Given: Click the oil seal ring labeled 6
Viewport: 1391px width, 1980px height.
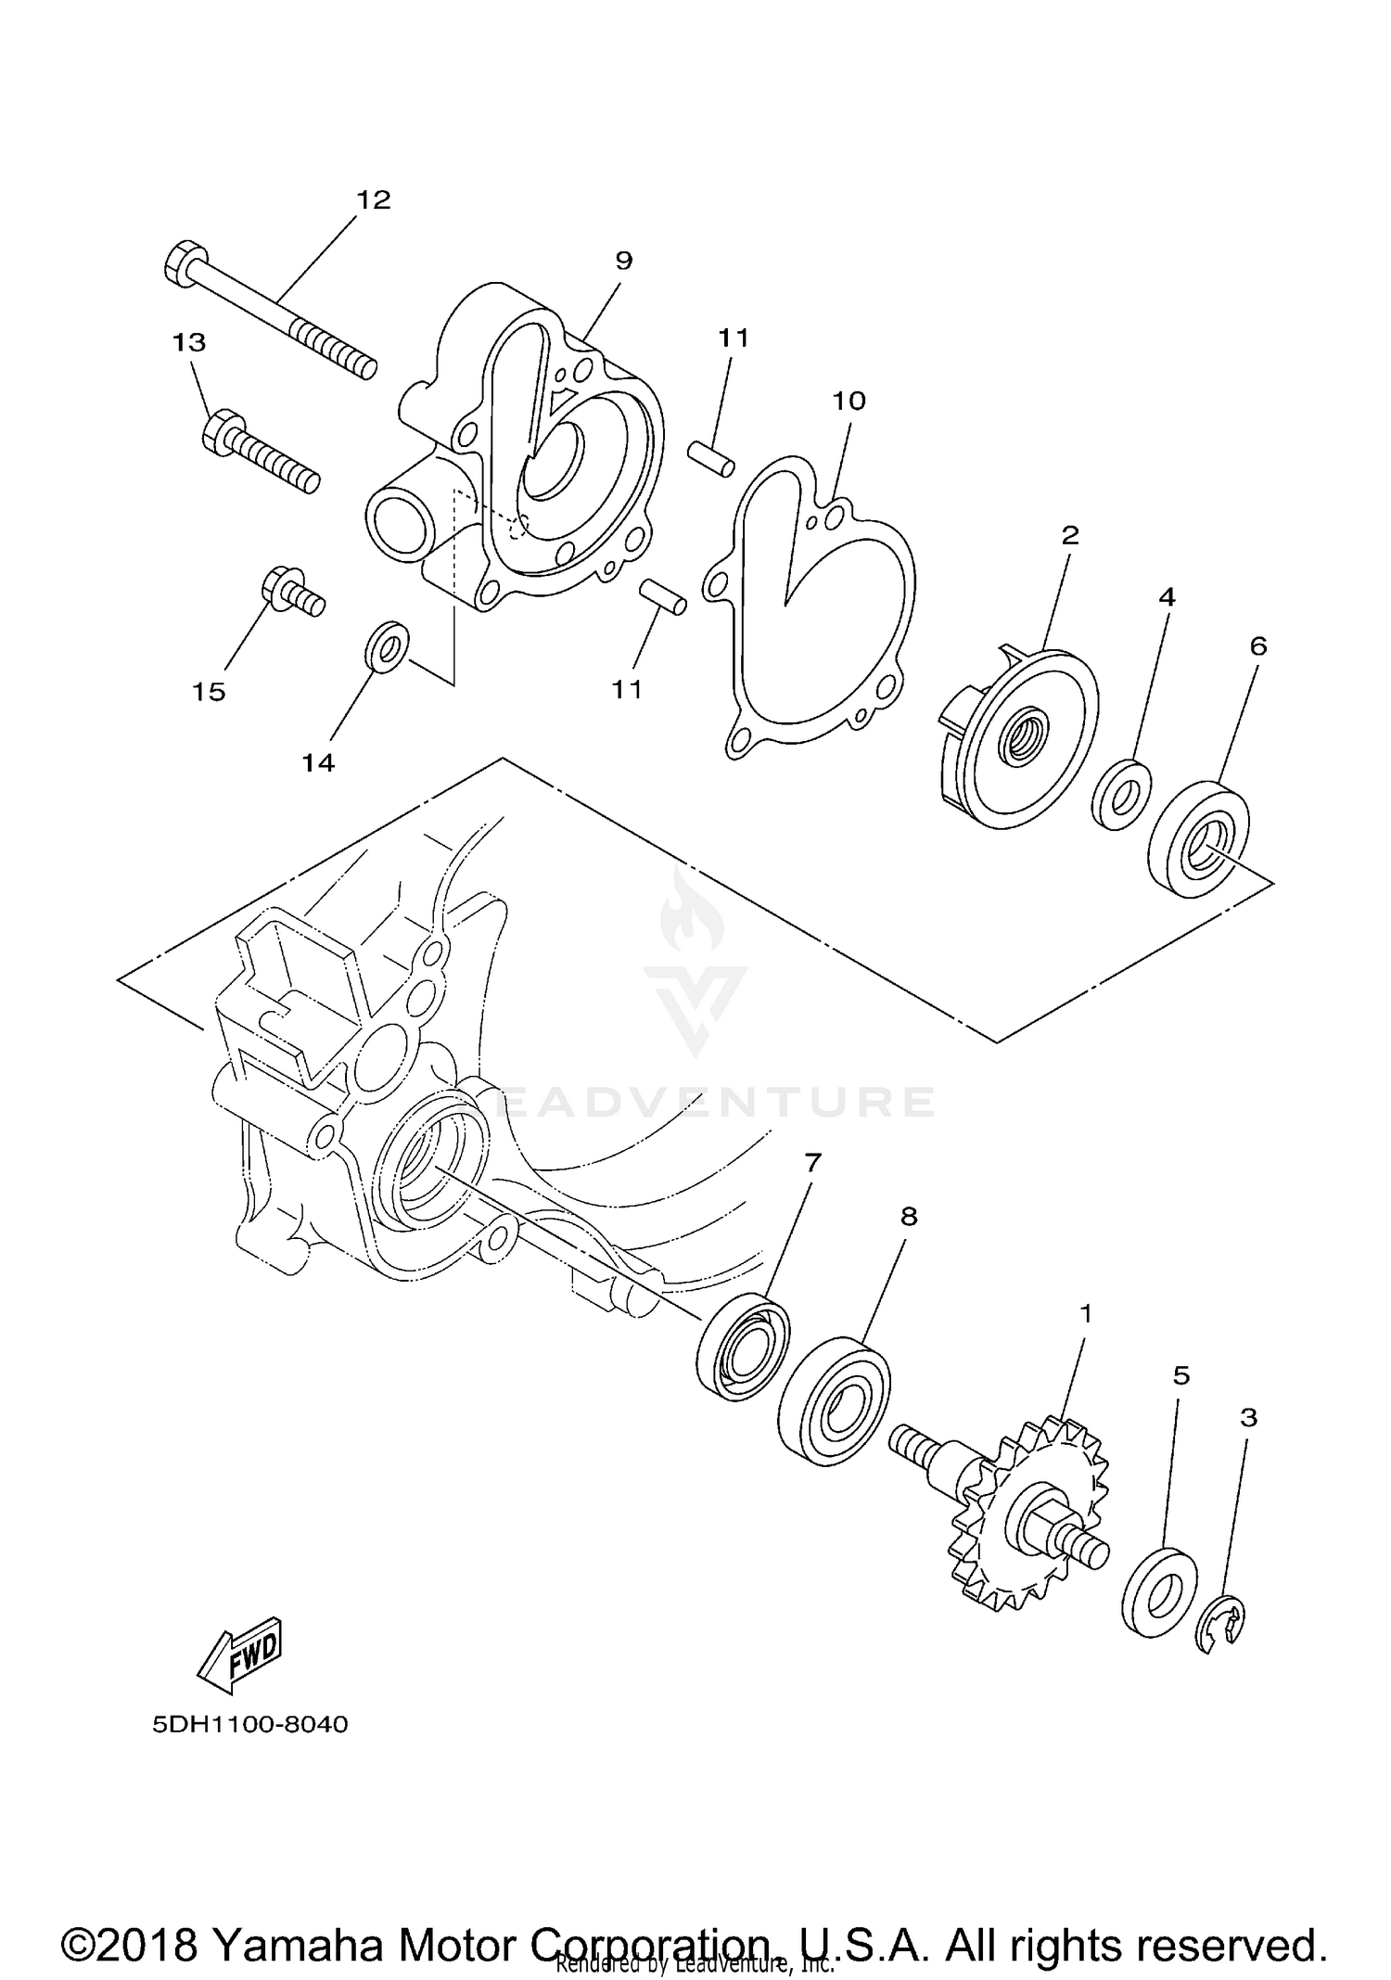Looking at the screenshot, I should coord(1198,839).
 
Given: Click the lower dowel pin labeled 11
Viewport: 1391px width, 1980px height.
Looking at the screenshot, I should coord(663,595).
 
